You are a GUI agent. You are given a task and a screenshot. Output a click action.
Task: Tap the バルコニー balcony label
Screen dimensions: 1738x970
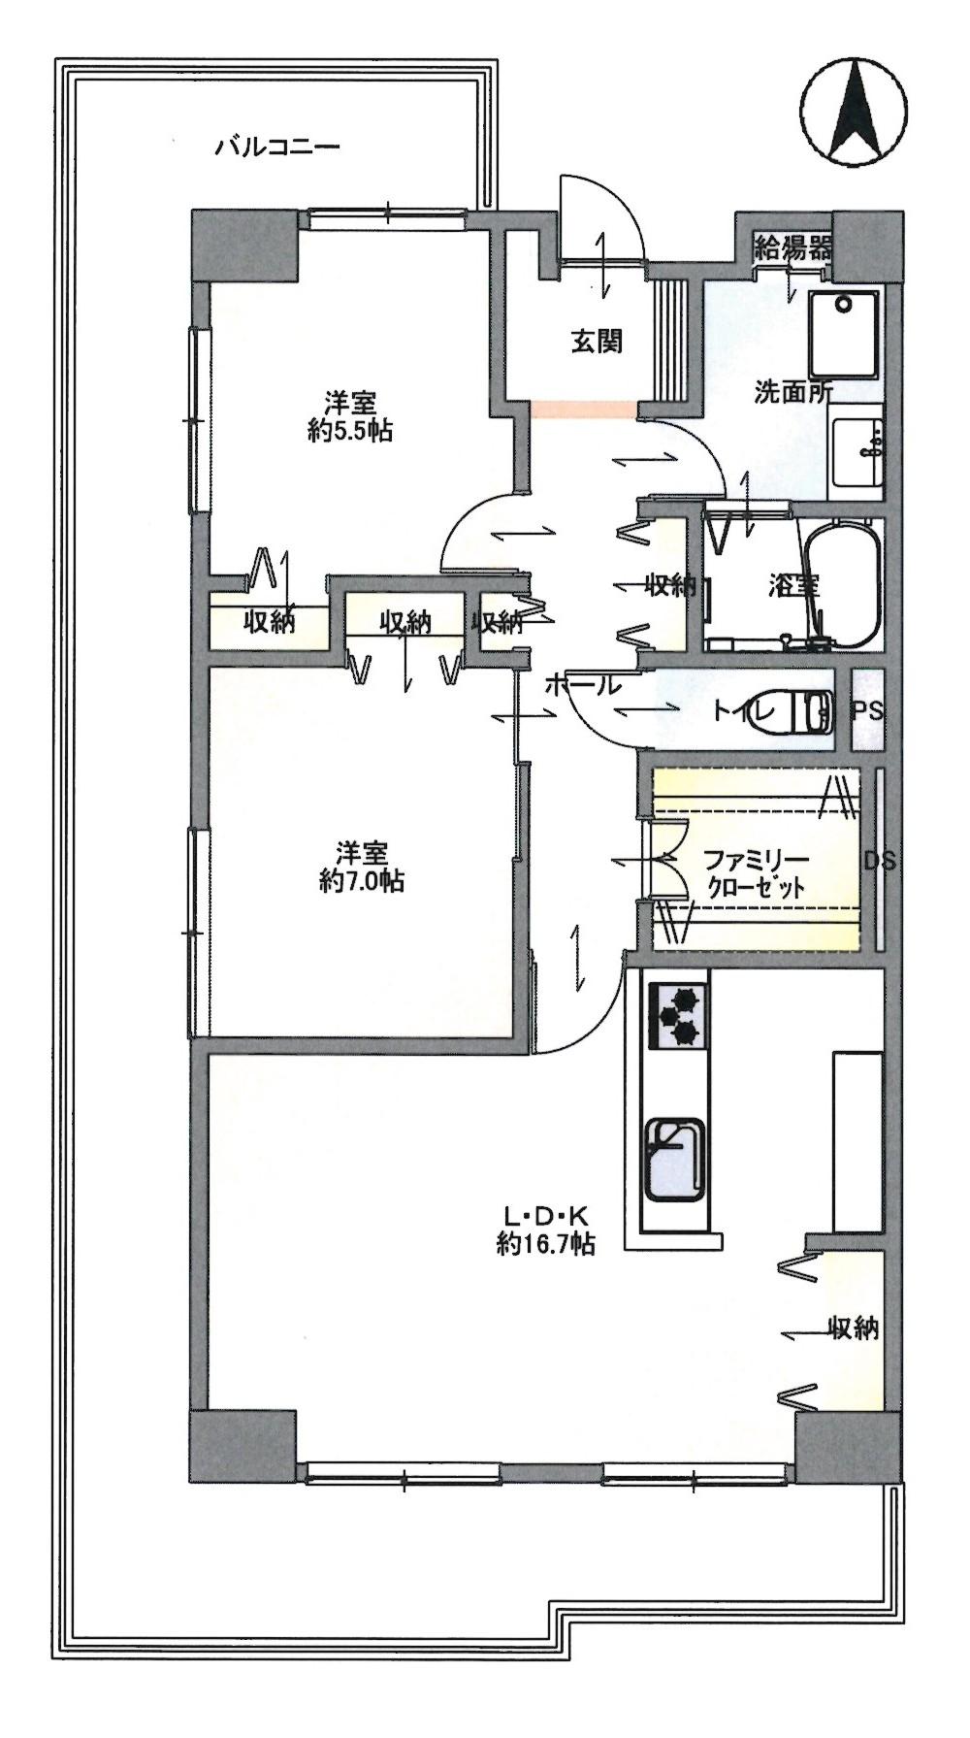(x=276, y=148)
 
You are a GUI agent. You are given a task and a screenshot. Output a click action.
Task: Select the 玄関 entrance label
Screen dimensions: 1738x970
(x=596, y=342)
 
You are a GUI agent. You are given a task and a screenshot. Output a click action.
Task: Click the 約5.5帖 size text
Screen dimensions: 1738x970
(x=350, y=432)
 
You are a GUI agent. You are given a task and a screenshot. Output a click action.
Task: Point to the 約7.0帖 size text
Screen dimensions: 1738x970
(x=363, y=881)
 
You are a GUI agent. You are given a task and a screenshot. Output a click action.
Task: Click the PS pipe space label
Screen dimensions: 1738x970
(x=867, y=710)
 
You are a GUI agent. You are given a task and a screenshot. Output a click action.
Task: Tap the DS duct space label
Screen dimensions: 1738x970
(x=880, y=860)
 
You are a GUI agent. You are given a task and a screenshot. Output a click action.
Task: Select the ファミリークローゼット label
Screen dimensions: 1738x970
(x=742, y=872)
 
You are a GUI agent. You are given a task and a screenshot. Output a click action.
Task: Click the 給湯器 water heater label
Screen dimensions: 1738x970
(x=793, y=247)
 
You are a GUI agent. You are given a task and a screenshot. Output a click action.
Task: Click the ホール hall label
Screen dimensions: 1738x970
(x=581, y=685)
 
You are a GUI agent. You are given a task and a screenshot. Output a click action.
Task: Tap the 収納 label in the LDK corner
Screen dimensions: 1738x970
(x=853, y=1328)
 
